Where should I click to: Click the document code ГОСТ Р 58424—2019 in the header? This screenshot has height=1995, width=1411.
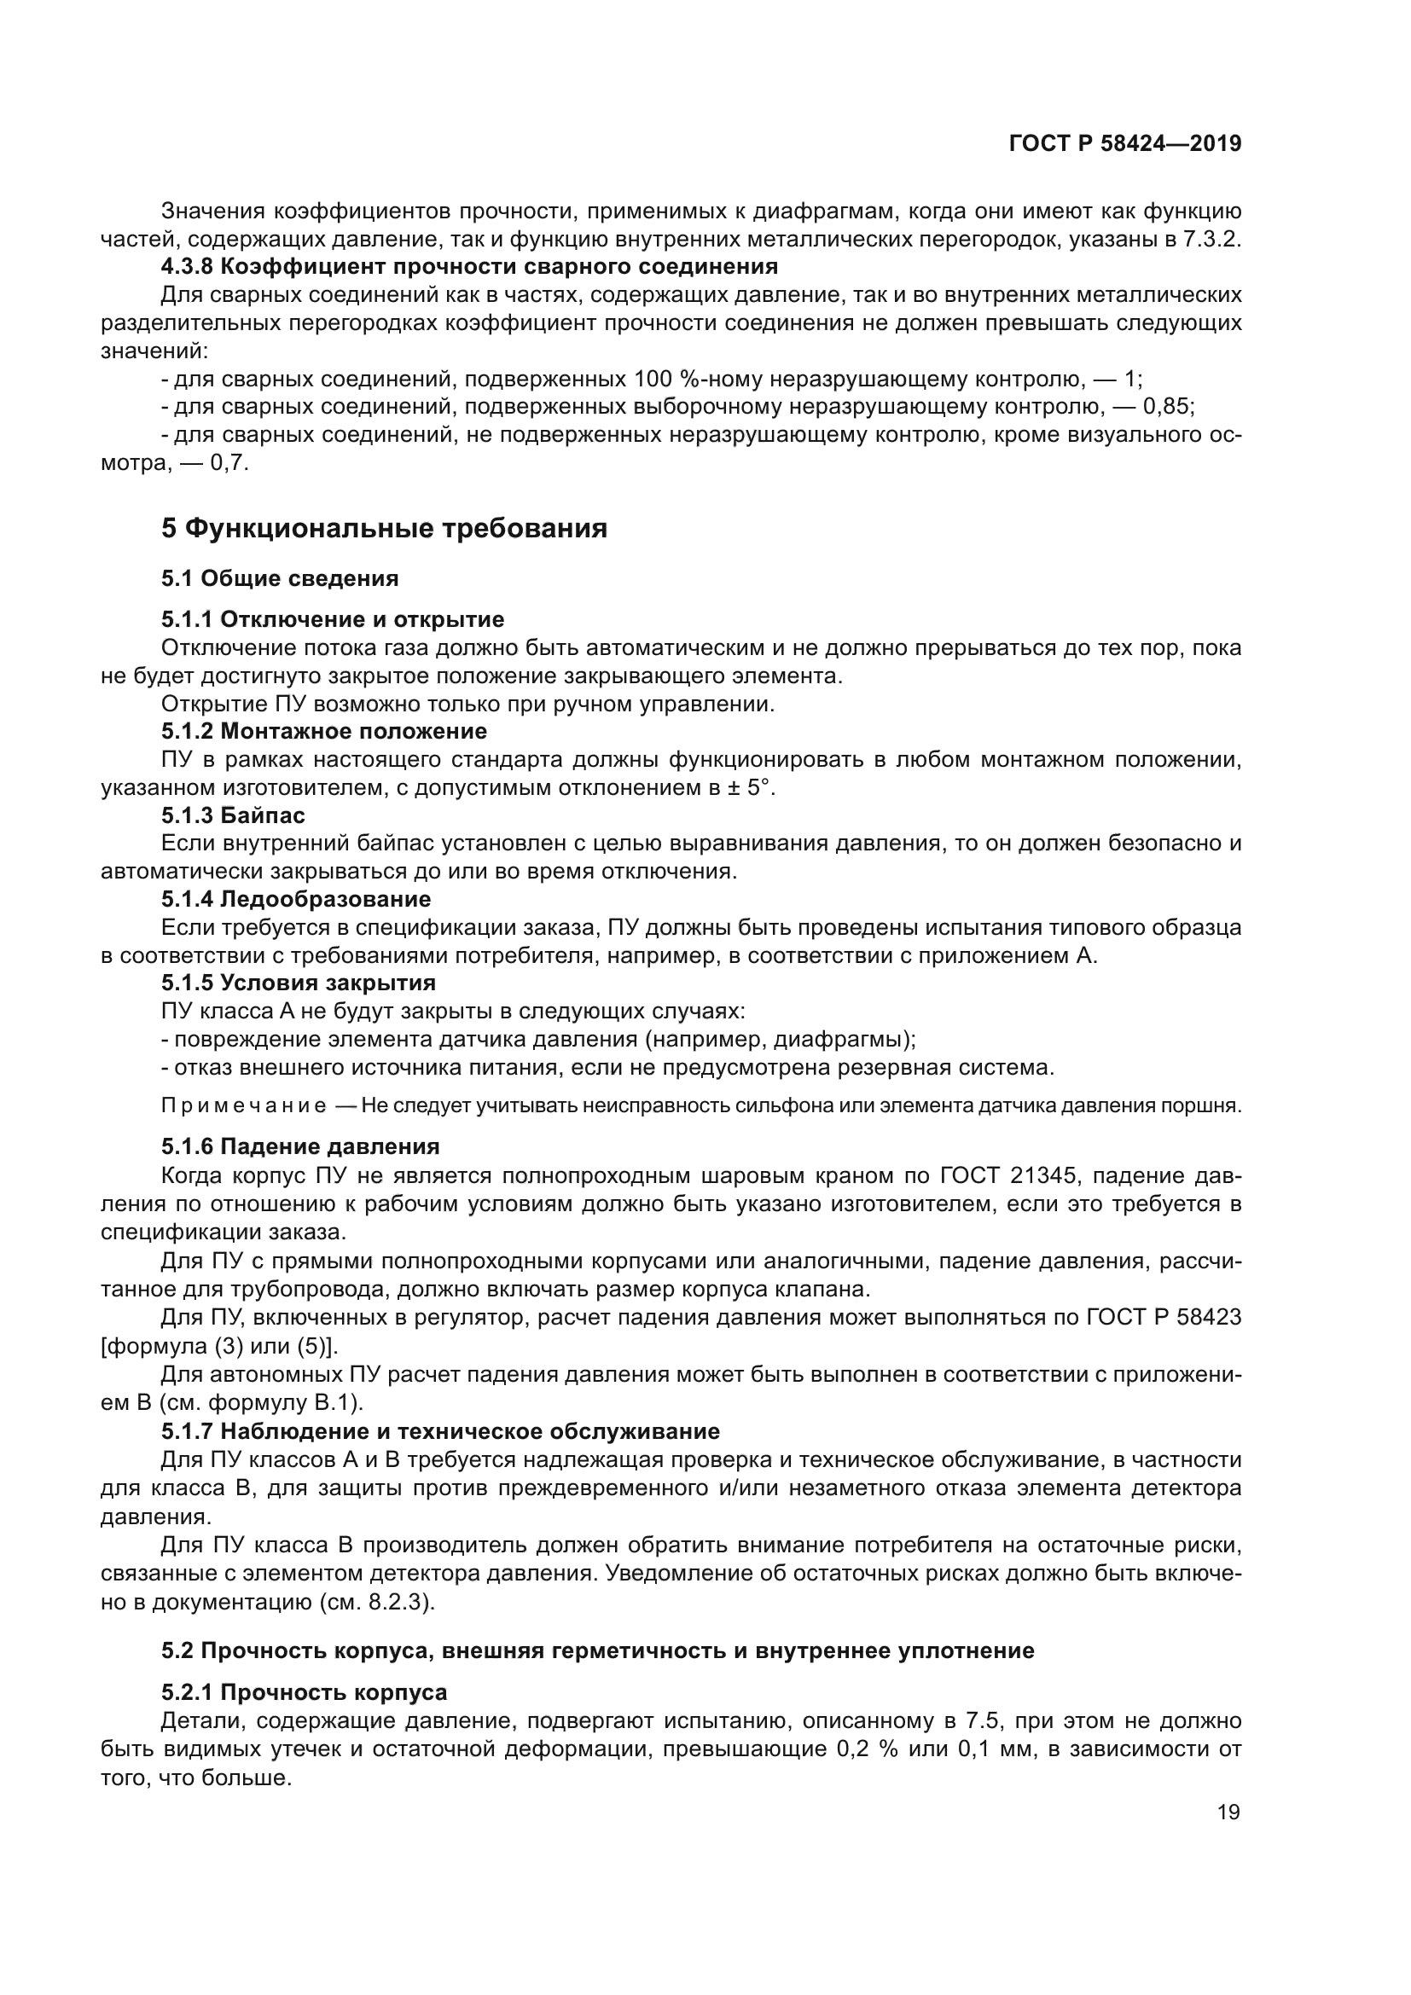click(x=1125, y=143)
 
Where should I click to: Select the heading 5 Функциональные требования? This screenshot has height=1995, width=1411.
click(x=384, y=528)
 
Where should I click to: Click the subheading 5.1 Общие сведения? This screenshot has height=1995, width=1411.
click(x=280, y=577)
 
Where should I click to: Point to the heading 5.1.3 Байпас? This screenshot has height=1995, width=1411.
click(x=233, y=815)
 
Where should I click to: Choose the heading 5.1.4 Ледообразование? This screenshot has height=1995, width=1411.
click(x=296, y=898)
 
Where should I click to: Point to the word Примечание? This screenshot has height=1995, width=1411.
click(x=244, y=1106)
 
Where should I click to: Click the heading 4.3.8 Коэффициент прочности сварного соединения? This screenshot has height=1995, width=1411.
click(x=469, y=266)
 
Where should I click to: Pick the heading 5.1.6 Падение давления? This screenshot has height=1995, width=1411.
click(x=300, y=1146)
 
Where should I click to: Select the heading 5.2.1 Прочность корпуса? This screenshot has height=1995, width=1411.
click(x=304, y=1691)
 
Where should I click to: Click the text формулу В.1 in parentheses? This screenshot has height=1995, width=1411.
click(x=295, y=1402)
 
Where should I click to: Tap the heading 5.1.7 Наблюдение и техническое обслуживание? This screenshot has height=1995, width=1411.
click(x=440, y=1431)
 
